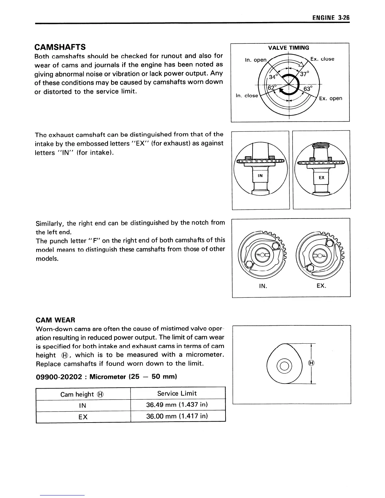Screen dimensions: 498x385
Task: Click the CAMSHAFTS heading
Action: [x=60, y=47]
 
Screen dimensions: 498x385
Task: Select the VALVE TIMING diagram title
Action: [x=288, y=48]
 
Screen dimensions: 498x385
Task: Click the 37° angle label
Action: [x=304, y=74]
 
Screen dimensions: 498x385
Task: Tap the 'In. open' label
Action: [x=255, y=60]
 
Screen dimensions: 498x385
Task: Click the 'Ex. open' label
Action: [x=330, y=98]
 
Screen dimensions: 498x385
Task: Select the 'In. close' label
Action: [x=247, y=96]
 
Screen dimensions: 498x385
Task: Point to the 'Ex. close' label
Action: [x=322, y=59]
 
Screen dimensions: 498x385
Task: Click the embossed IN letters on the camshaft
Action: [x=260, y=176]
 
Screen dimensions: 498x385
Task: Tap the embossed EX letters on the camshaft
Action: [x=321, y=178]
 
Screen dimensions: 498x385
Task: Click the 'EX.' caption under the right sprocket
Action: [x=321, y=286]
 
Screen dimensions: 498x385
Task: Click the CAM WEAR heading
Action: [x=56, y=320]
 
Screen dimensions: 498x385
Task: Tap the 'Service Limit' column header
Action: [x=177, y=393]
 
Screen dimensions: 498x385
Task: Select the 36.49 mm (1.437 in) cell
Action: [x=177, y=405]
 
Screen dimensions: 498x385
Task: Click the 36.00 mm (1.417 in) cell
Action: [x=177, y=416]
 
